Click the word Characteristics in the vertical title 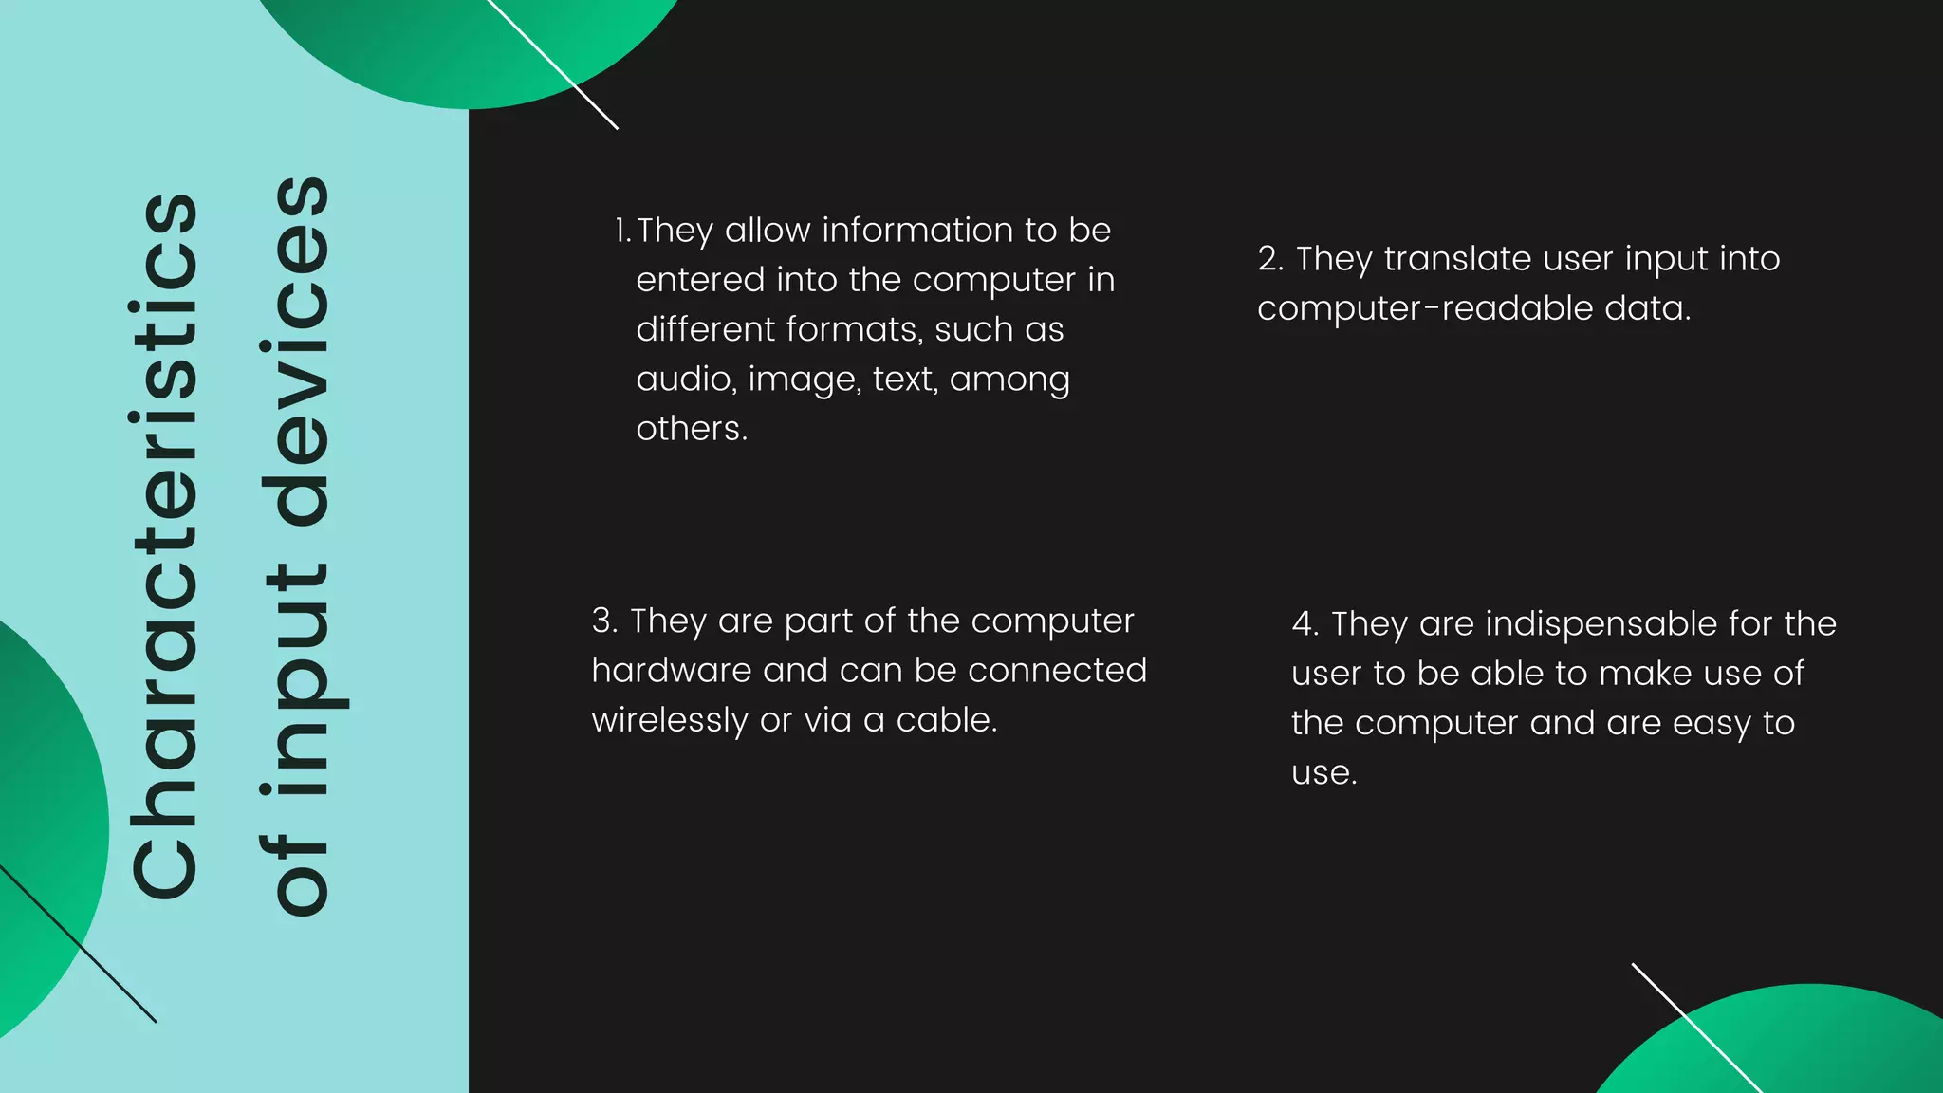(x=163, y=546)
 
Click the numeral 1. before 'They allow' (x=622, y=231)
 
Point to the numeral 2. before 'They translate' (x=1270, y=259)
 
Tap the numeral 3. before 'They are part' (x=604, y=621)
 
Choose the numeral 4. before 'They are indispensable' (x=1305, y=624)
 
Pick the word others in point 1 (x=691, y=429)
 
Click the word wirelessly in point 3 (x=669, y=721)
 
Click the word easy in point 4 (x=1712, y=724)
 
